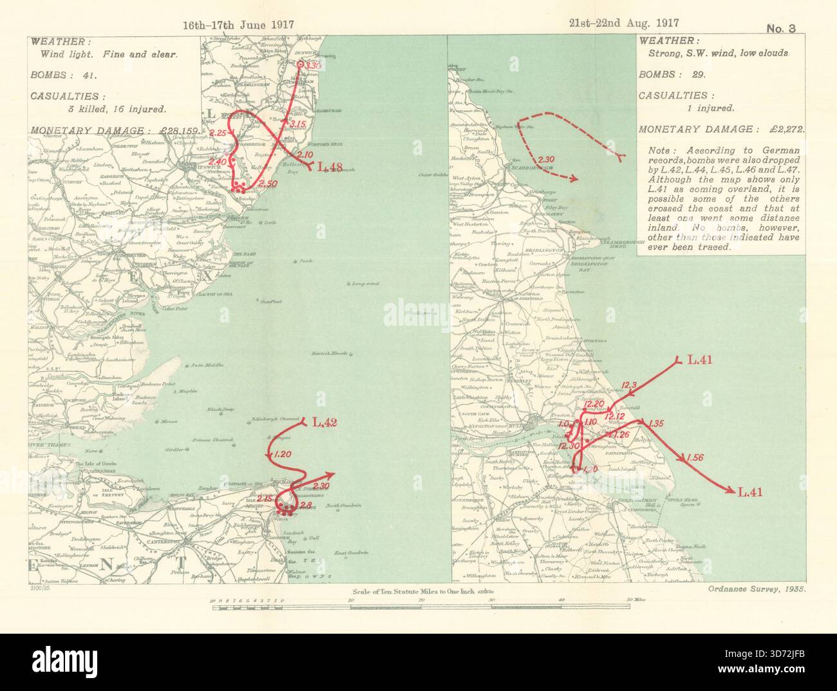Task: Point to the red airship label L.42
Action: (324, 423)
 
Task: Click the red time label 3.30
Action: (313, 66)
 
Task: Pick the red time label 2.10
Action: (305, 155)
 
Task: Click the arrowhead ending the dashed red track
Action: (574, 178)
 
